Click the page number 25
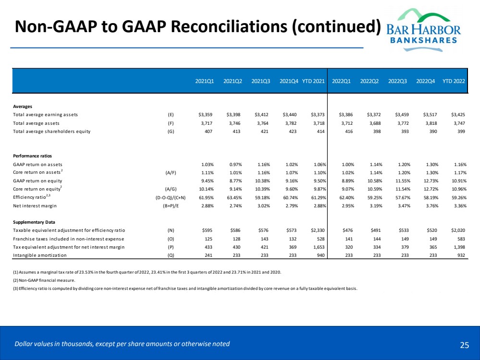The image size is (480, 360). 464,344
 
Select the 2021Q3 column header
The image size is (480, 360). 261,81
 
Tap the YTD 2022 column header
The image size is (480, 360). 454,81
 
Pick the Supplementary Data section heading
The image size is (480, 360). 34,222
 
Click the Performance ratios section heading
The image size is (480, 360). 32,156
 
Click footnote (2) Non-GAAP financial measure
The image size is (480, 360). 44,280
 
